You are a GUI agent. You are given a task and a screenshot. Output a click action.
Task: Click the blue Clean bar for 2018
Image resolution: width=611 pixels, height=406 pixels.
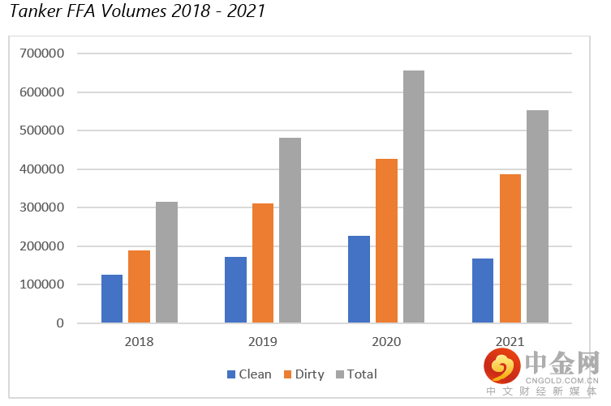point(112,299)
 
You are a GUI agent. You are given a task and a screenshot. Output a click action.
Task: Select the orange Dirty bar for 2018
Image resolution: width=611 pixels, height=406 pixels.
point(139,287)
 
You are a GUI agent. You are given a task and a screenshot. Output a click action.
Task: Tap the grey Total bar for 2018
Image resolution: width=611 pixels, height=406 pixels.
point(166,263)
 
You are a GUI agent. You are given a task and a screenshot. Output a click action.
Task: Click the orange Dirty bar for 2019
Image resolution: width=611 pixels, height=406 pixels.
point(263,263)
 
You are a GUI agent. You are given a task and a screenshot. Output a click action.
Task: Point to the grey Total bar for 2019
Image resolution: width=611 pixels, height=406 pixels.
point(290,230)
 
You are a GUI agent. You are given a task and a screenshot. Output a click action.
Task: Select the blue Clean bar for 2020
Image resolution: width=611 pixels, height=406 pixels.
point(359,280)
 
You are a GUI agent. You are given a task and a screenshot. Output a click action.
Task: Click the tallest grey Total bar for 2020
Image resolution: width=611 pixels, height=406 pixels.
point(414,197)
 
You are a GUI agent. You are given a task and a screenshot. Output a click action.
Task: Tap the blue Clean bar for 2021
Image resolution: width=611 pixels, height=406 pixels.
point(483,291)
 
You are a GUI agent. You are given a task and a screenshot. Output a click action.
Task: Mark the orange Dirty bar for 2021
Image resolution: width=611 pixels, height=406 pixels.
point(510,249)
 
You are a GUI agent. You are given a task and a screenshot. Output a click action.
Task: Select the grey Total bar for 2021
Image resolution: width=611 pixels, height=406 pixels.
point(537,216)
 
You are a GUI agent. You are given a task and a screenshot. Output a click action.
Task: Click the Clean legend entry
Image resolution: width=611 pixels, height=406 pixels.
point(249,374)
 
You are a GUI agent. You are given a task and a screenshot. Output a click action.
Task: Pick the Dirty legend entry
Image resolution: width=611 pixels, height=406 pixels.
point(303,374)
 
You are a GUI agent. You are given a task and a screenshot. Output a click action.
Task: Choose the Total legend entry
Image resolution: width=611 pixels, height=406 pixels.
point(355,374)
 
